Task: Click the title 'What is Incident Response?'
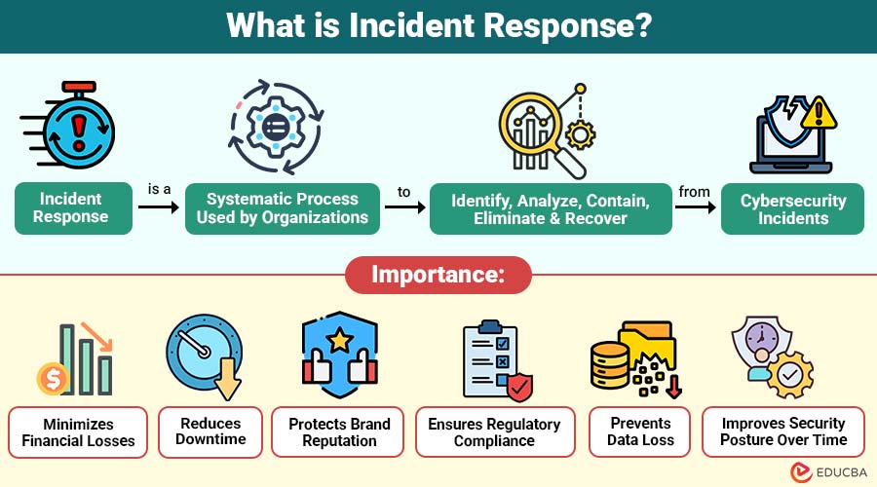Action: coord(438,26)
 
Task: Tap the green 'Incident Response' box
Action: coord(73,208)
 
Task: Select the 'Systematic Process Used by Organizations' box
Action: coord(282,208)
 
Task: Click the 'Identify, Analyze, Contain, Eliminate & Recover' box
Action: coord(551,208)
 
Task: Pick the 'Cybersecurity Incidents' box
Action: coord(792,208)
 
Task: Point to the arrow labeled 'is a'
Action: coord(160,207)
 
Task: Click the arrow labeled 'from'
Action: coord(694,207)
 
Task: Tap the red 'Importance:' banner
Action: coord(438,275)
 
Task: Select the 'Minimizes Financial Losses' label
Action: coord(78,432)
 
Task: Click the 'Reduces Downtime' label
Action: coord(211,432)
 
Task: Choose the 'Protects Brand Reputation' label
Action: coord(339,432)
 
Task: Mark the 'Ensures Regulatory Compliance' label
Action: coord(495,432)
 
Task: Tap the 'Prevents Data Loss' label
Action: coord(640,432)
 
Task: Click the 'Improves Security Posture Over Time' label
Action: coord(783,432)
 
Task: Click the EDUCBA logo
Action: coord(829,471)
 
